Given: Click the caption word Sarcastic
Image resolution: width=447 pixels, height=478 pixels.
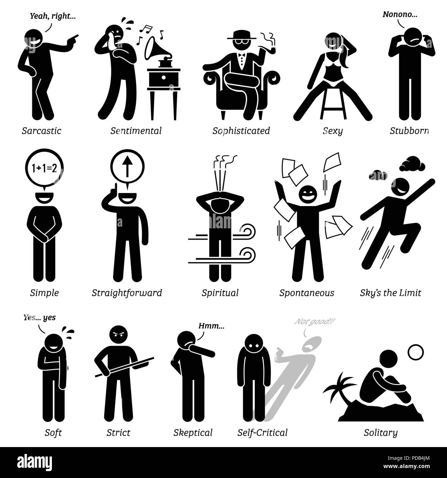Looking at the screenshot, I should coord(41,131).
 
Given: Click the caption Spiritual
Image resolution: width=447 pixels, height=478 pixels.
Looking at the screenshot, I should coord(220,293).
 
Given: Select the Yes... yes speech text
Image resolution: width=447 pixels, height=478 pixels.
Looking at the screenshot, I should coord(39,318).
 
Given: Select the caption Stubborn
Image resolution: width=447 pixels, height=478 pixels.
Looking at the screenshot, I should coord(409,131).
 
